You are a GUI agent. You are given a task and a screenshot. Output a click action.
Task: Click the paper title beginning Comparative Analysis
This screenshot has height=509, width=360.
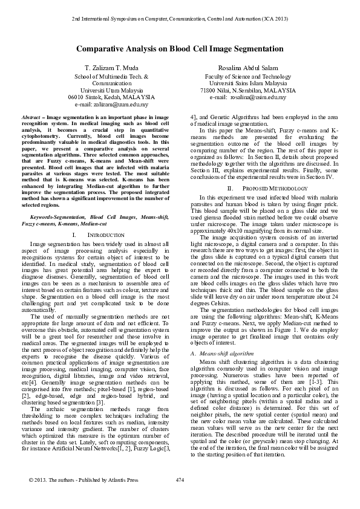coord(180,48)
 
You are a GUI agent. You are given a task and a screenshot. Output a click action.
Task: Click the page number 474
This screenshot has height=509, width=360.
coord(179,497)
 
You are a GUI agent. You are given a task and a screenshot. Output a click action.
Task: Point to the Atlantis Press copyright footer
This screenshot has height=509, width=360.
coord(75,497)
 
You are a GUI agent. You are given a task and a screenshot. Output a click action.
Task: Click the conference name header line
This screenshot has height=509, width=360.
coord(180,20)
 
